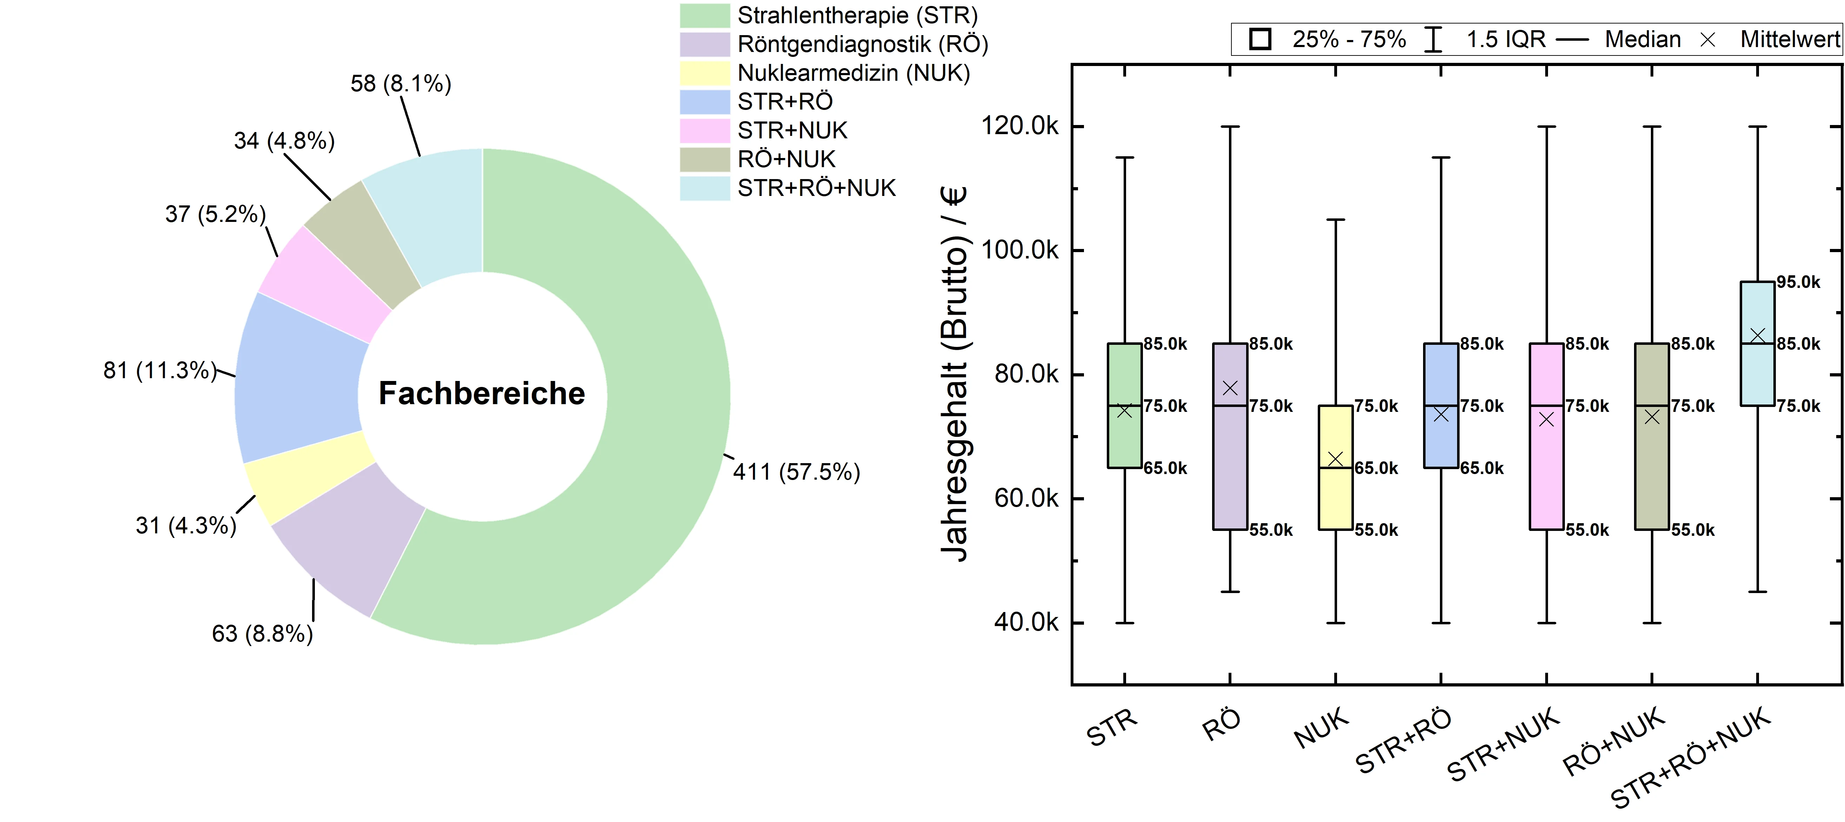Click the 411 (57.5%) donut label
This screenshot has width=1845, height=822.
tap(796, 472)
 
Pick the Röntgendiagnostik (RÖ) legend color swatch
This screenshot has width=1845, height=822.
tap(704, 45)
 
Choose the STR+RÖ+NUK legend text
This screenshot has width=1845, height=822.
tap(816, 188)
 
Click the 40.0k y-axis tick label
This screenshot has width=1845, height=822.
tap(1026, 622)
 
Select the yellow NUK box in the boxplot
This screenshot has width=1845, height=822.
tap(1335, 494)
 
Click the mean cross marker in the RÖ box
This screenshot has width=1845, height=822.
tap(1230, 388)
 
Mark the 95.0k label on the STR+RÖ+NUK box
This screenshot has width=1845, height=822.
tap(1798, 282)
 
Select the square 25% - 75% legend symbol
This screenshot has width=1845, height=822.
tap(1260, 39)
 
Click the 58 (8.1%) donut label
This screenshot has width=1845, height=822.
tap(401, 84)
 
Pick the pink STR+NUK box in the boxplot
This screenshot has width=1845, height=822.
tap(1546, 466)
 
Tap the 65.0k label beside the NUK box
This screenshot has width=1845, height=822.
tap(1376, 468)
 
